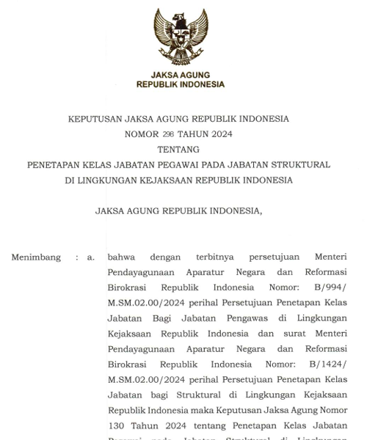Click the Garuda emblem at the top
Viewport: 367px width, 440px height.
(181, 37)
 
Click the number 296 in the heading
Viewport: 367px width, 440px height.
(168, 134)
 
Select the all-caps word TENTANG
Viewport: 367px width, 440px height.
(178, 150)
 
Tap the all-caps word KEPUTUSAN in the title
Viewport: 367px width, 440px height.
(95, 119)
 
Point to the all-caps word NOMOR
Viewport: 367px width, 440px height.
(142, 134)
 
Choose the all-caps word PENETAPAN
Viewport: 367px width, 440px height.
(56, 165)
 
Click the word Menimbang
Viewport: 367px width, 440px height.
(36, 257)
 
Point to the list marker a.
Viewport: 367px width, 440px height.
(91, 257)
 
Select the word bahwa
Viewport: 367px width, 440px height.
(121, 257)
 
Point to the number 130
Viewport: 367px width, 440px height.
(117, 425)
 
